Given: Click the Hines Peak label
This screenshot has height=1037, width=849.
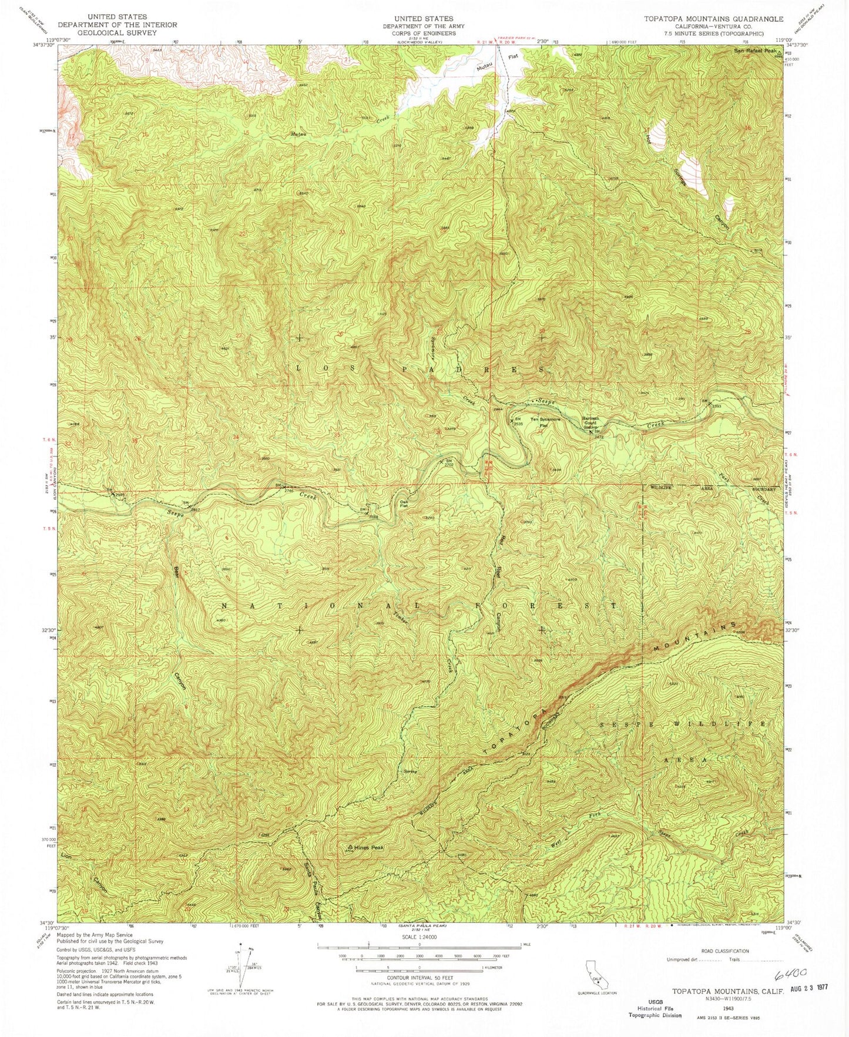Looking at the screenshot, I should tap(370, 848).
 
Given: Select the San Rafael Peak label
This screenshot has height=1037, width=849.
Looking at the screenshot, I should tap(756, 51).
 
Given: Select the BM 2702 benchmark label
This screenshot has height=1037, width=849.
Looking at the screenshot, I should tap(449, 462).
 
